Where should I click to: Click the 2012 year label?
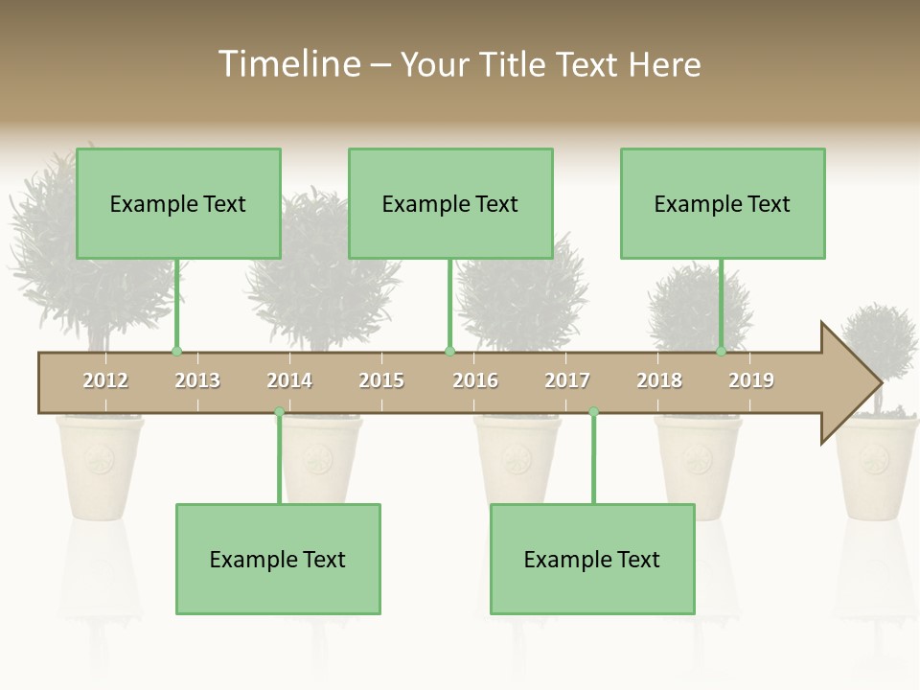click(105, 380)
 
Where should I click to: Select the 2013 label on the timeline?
click(197, 380)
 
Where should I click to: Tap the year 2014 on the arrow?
click(289, 380)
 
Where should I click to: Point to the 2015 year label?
click(381, 380)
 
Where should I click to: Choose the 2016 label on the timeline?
click(475, 380)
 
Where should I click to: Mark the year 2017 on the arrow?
click(567, 380)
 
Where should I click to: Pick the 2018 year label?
click(659, 380)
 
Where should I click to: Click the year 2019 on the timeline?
click(751, 380)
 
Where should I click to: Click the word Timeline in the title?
click(287, 64)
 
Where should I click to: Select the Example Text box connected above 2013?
click(178, 203)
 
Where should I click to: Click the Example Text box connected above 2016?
click(450, 203)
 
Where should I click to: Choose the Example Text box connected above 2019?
click(723, 203)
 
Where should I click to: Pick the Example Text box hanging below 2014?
click(278, 559)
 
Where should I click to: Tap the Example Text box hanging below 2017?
click(592, 559)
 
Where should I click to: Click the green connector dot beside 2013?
click(176, 352)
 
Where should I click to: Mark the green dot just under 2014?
click(279, 412)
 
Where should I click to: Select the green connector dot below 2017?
click(593, 412)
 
